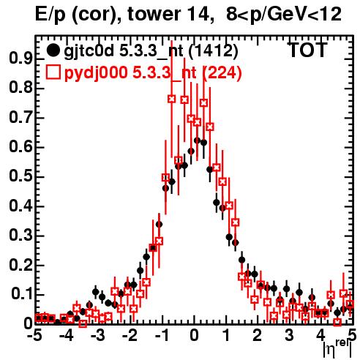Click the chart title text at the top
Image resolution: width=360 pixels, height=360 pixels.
tap(188, 15)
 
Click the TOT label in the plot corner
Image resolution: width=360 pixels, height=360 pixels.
tap(308, 50)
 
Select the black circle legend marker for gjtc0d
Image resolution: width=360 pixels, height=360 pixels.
tap(53, 50)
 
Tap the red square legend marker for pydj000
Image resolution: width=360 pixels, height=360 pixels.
tap(53, 72)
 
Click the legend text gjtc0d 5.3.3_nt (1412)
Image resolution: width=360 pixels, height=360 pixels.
tap(151, 51)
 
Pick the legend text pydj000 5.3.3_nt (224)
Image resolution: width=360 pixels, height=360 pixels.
tap(153, 73)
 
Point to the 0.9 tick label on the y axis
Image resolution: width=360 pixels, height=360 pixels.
tap(20, 59)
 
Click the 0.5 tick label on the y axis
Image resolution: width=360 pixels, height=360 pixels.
tap(20, 176)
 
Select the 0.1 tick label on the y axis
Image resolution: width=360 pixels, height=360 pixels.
tap(21, 295)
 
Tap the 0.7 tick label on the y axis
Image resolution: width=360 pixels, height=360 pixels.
tap(20, 118)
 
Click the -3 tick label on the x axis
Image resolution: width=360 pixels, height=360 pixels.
tap(98, 335)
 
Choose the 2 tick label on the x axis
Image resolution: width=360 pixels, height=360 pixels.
tap(257, 335)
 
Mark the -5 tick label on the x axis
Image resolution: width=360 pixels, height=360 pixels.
tap(34, 335)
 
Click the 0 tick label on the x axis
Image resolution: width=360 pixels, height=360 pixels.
tap(194, 335)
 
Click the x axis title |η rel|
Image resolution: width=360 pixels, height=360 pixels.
tap(337, 349)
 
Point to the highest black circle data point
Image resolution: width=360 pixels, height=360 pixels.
tap(197, 140)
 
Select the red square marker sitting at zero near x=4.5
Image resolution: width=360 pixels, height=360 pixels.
tap(337, 322)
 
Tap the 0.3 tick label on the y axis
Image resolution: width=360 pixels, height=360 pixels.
tap(20, 236)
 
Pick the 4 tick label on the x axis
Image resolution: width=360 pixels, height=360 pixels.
tap(320, 335)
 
